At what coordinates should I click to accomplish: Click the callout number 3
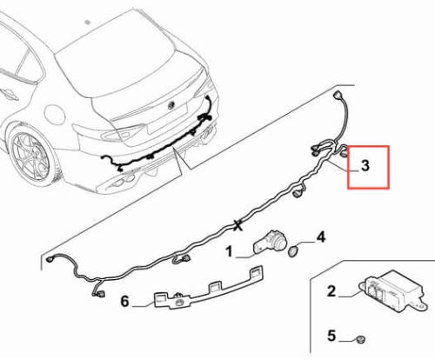pos(365,166)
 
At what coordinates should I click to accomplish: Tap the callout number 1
pos(230,251)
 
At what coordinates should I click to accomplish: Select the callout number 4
pos(321,237)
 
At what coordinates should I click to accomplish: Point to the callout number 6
pos(124,301)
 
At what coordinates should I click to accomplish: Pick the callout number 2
pos(331,291)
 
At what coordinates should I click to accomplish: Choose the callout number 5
pos(331,336)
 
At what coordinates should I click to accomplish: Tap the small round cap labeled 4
pos(292,251)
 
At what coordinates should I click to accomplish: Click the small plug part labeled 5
pos(360,339)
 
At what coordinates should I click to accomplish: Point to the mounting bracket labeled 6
pos(208,288)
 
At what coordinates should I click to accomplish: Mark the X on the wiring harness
pos(238,225)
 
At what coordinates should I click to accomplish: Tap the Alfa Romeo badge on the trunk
pos(171,105)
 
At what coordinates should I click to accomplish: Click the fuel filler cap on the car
pos(55,114)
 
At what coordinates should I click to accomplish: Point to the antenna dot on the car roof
pos(87,22)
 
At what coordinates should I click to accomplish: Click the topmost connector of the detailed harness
pos(337,96)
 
